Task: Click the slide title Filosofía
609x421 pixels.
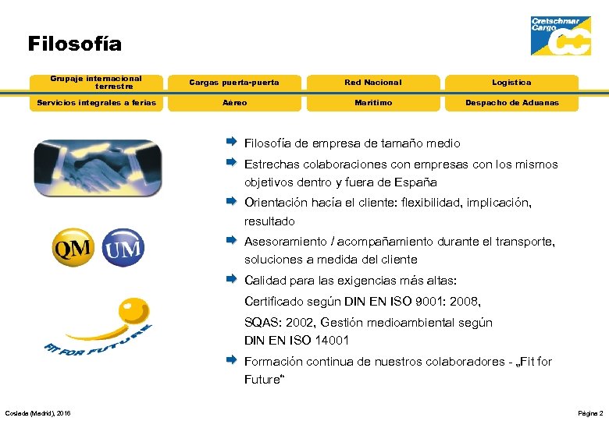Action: pyautogui.click(x=75, y=44)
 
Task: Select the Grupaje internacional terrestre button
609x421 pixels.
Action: pyautogui.click(x=96, y=83)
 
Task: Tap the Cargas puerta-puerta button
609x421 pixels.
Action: pyautogui.click(x=234, y=83)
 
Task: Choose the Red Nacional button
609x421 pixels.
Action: pyautogui.click(x=373, y=83)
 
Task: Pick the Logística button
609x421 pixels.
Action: pyautogui.click(x=511, y=83)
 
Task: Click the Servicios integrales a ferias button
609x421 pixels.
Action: pyautogui.click(x=96, y=103)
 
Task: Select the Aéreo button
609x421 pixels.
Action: pyautogui.click(x=234, y=103)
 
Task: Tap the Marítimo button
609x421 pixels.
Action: pyautogui.click(x=373, y=103)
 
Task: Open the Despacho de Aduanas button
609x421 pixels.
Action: pyautogui.click(x=511, y=103)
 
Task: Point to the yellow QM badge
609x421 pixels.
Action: pyautogui.click(x=71, y=249)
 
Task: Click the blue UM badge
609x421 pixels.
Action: pyautogui.click(x=123, y=249)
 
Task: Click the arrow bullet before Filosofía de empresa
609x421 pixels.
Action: pyautogui.click(x=232, y=143)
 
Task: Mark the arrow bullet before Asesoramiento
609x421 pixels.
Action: pyautogui.click(x=232, y=241)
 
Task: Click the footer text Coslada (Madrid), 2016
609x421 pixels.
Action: pyautogui.click(x=37, y=412)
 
